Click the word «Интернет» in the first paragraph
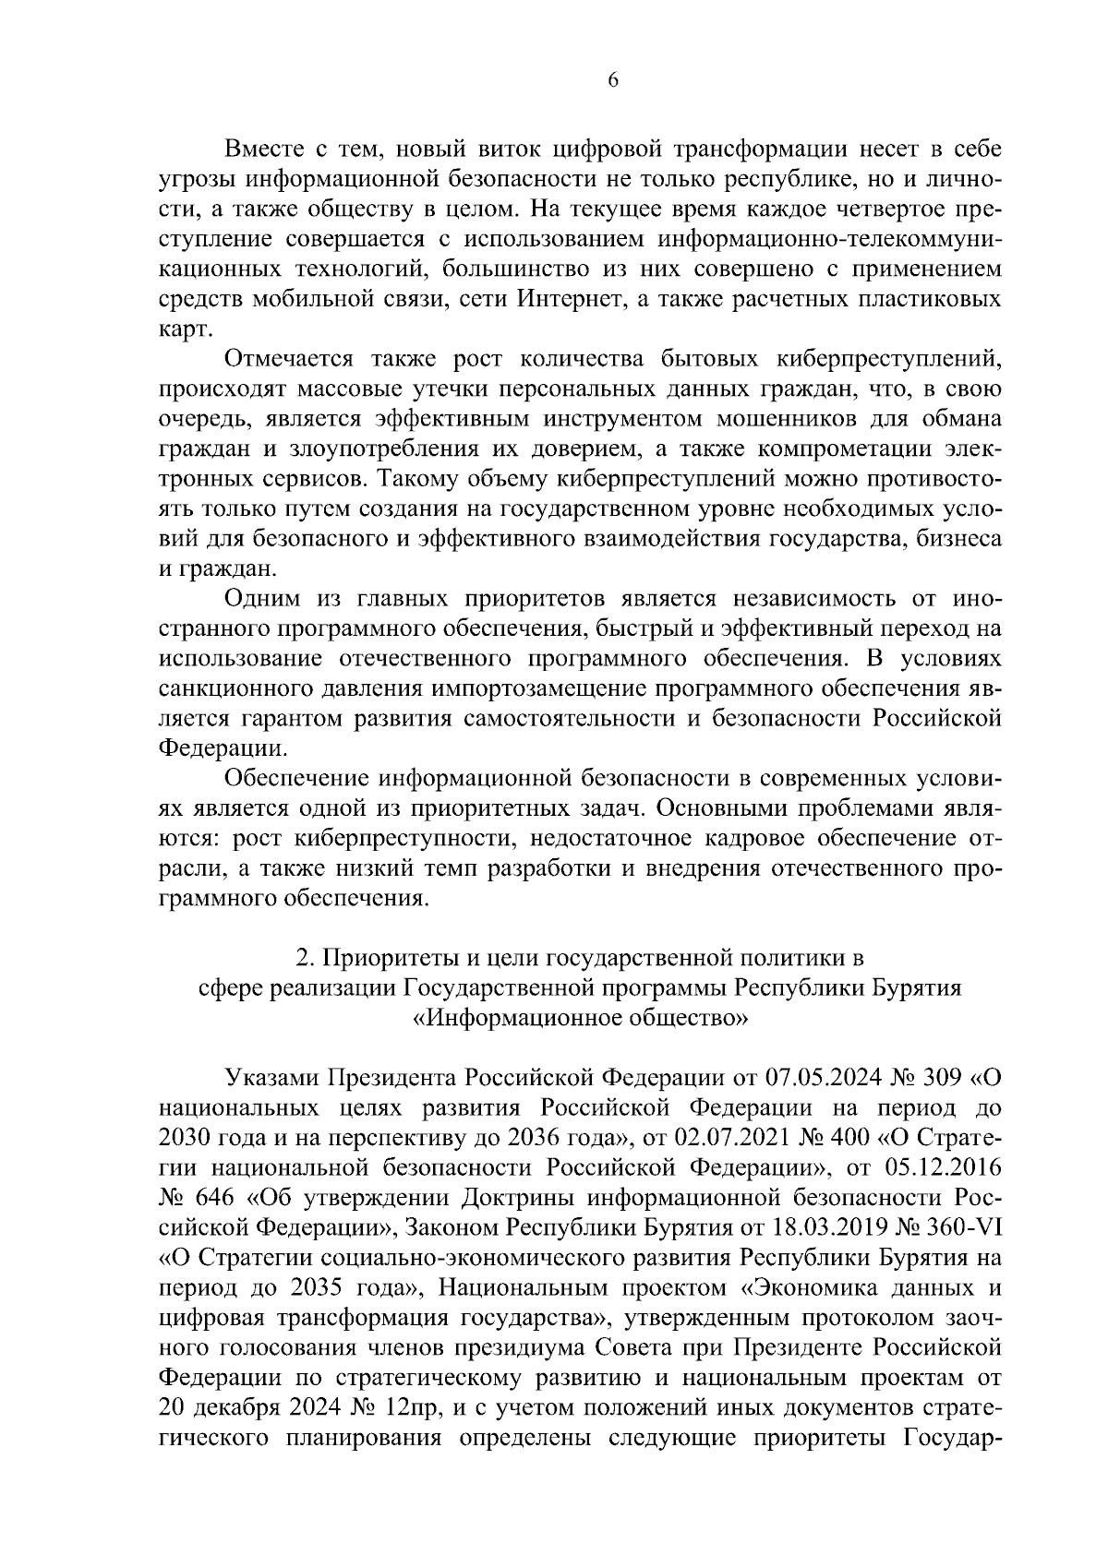(562, 299)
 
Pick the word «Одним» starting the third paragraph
(260, 598)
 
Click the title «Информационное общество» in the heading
(580, 1018)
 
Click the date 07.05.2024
(823, 1078)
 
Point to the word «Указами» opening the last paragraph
(272, 1078)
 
